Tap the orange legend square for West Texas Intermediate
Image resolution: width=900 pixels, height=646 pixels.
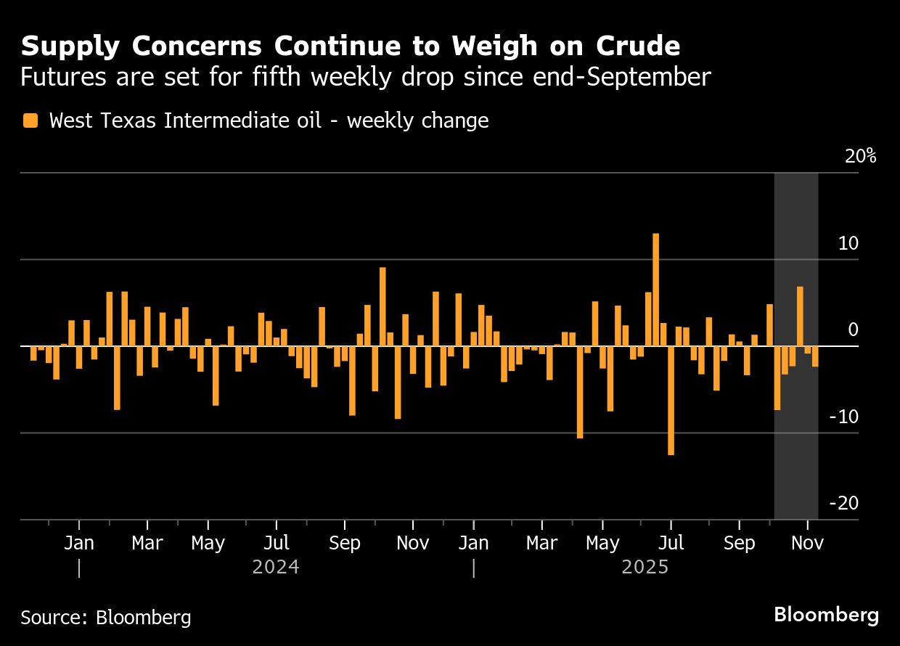(30, 120)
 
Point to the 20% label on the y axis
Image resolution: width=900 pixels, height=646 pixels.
(861, 157)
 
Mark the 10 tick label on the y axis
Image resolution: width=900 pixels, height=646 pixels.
(848, 243)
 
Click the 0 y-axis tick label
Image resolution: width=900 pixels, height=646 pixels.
(853, 330)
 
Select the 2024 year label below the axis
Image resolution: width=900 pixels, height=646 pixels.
(276, 567)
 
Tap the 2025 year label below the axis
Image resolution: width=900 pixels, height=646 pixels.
(645, 567)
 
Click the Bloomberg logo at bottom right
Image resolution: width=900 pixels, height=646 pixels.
(826, 615)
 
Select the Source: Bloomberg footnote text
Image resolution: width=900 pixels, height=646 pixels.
(106, 618)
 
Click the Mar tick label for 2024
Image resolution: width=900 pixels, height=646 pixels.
(147, 543)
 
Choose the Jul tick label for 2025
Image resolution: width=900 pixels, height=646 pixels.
(671, 543)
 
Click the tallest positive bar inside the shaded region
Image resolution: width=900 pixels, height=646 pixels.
(800, 316)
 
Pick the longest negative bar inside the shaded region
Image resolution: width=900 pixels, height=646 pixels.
(777, 377)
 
